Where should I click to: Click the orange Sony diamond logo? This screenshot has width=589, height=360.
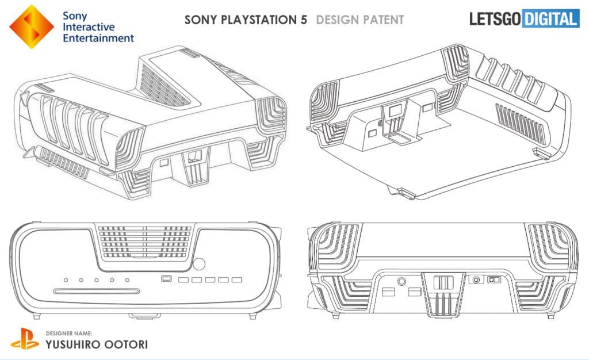pyautogui.click(x=32, y=26)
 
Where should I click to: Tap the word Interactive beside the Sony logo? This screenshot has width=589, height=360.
pyautogui.click(x=89, y=27)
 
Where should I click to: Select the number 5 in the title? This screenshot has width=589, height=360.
pyautogui.click(x=304, y=20)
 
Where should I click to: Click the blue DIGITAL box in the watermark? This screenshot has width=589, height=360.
pyautogui.click(x=550, y=19)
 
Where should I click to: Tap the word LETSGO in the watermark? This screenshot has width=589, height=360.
pyautogui.click(x=495, y=19)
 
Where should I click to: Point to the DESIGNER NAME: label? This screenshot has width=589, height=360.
pyautogui.click(x=69, y=333)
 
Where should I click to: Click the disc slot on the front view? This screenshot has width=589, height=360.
pyautogui.click(x=97, y=291)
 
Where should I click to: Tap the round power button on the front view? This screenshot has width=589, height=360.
pyautogui.click(x=199, y=263)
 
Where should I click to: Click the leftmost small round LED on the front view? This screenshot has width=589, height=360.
pyautogui.click(x=66, y=280)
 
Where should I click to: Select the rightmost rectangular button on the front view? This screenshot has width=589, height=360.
pyautogui.click(x=236, y=279)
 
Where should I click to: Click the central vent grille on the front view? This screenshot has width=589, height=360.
pyautogui.click(x=145, y=242)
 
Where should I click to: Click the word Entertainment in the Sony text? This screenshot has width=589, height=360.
pyautogui.click(x=98, y=38)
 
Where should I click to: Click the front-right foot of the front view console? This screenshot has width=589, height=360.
pyautogui.click(x=253, y=316)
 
